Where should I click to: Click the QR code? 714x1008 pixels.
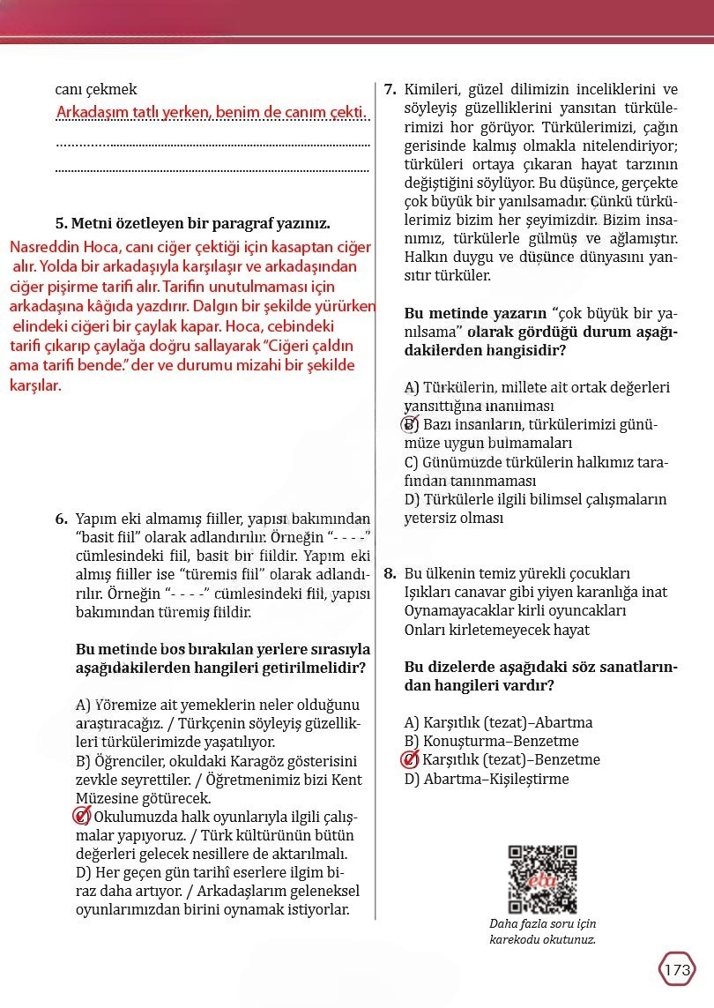click(542, 879)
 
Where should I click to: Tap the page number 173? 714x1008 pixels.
click(677, 970)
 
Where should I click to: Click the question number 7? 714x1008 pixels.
click(390, 90)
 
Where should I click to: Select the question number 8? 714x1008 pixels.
click(390, 573)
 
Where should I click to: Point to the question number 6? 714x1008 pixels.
click(62, 518)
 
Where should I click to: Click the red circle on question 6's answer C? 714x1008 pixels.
click(82, 817)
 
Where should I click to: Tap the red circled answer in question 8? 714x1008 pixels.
click(411, 760)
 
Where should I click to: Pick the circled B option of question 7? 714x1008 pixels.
click(411, 425)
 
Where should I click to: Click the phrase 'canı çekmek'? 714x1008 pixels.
click(96, 89)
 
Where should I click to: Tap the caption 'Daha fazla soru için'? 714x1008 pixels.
click(542, 924)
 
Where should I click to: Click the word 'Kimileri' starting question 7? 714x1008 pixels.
click(432, 90)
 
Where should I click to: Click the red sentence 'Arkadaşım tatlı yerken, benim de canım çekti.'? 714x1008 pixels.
click(211, 113)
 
